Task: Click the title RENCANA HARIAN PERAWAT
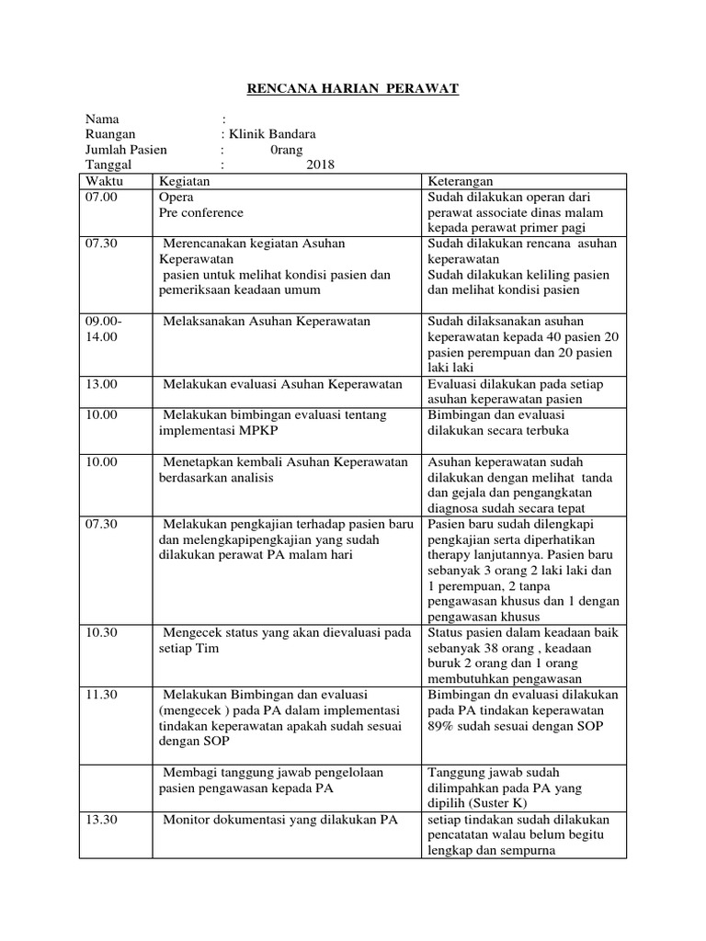(x=353, y=89)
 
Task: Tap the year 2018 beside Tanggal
(x=321, y=164)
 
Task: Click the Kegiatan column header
(x=184, y=181)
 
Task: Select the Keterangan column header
(x=461, y=181)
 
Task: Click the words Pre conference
(x=201, y=212)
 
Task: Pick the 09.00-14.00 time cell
(x=102, y=328)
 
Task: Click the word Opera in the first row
(x=176, y=198)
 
